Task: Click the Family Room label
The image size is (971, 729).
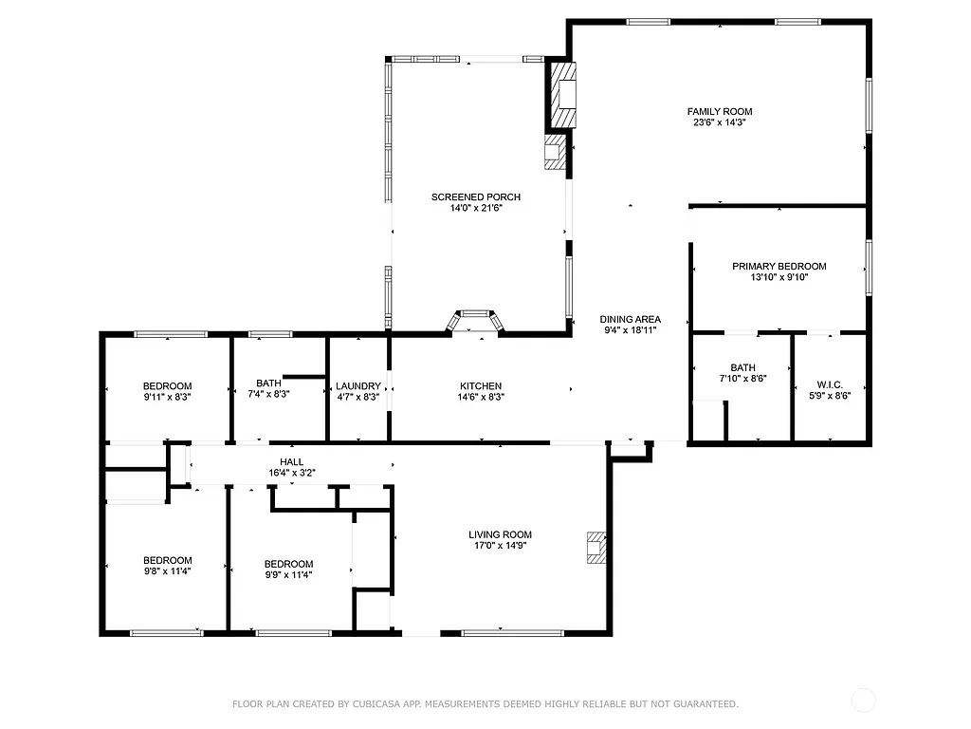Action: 720,111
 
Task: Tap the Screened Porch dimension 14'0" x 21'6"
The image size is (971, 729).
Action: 475,208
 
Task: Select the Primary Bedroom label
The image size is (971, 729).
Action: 779,267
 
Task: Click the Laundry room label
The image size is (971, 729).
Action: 357,385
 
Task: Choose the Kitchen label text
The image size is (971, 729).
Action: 481,385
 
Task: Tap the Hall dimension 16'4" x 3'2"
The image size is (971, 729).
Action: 292,472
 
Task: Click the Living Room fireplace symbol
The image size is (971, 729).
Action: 595,549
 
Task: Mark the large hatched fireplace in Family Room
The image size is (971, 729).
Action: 564,95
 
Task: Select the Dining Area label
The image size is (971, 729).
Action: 630,319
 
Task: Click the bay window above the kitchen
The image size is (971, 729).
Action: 476,320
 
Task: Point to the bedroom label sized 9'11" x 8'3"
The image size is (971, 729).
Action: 167,385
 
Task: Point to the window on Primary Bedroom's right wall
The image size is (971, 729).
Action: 868,268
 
